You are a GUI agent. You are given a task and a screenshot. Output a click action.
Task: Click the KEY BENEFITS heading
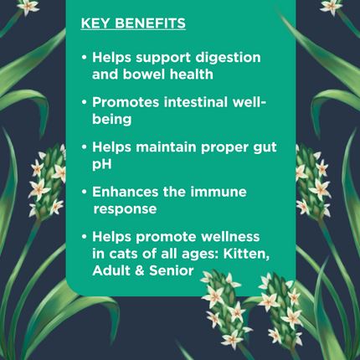(x=133, y=23)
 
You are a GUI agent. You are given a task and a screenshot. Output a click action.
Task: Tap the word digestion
(x=228, y=59)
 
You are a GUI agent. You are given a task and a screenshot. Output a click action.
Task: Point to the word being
(x=112, y=120)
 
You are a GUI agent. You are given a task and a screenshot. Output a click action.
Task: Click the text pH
(x=102, y=164)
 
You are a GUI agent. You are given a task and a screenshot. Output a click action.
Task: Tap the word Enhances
(x=126, y=192)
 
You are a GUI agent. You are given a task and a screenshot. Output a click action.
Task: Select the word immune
(x=219, y=192)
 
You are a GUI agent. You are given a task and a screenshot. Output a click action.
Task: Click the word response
(x=125, y=209)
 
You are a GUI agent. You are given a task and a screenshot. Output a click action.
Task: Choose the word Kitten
(x=246, y=255)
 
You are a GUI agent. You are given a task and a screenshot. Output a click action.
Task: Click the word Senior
(x=172, y=270)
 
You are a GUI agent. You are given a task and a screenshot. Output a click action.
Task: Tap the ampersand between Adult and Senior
(x=139, y=271)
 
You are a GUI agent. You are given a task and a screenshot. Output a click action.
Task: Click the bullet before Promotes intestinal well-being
(x=84, y=102)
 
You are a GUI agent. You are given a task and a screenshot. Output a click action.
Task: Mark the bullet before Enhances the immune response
(x=84, y=192)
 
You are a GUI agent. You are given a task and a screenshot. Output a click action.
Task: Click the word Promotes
(x=126, y=102)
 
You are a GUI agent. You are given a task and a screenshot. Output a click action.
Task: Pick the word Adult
(x=111, y=270)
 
